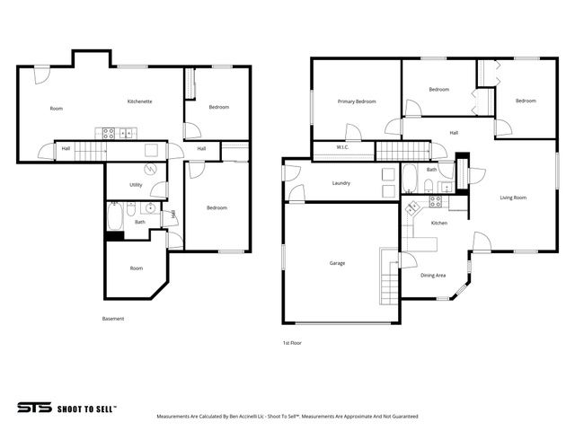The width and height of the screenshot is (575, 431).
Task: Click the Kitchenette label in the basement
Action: coord(139,101)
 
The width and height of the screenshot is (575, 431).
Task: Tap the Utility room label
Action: coord(136,185)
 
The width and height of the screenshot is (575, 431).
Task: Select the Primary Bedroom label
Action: coord(357,101)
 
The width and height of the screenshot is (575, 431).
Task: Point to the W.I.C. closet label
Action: coord(342,147)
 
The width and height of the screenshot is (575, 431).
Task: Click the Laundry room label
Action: coord(341,183)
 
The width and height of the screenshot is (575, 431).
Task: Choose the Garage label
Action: coord(337,263)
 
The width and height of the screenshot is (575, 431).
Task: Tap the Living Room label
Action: coord(513,198)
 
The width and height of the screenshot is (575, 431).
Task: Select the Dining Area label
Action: coord(433,276)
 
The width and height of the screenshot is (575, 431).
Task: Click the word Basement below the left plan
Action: coord(112,319)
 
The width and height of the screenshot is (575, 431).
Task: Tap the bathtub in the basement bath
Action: coord(115,216)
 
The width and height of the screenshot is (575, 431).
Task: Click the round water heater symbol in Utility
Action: coord(150,168)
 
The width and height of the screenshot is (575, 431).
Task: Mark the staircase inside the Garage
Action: coord(388,278)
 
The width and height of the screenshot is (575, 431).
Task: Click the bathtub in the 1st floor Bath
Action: coord(410,179)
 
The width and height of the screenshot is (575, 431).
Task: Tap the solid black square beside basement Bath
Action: coord(113,236)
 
